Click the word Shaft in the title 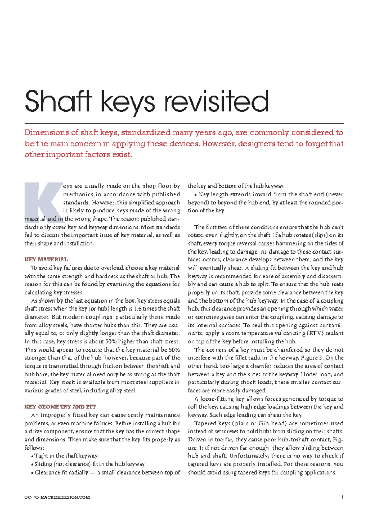tap(58, 101)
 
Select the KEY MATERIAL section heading tap(46, 260)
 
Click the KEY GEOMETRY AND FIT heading tap(60, 407)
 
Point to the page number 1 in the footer tap(342, 497)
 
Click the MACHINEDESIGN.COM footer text tap(65, 497)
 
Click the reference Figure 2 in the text tap(311, 358)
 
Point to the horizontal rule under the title tap(184, 123)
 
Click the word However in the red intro tap(218, 143)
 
